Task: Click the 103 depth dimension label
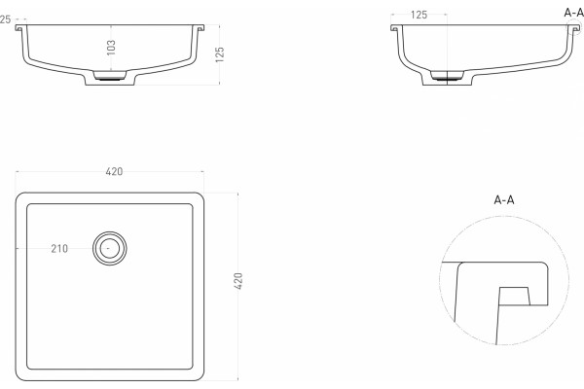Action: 111,48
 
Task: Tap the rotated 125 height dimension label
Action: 220,54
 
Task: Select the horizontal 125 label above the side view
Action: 419,16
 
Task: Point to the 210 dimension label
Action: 59,249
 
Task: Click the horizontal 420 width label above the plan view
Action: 114,171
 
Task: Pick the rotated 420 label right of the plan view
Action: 238,281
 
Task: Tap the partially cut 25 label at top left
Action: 5,19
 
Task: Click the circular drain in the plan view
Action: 109,248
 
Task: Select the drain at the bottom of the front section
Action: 109,76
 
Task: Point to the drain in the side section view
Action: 447,76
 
